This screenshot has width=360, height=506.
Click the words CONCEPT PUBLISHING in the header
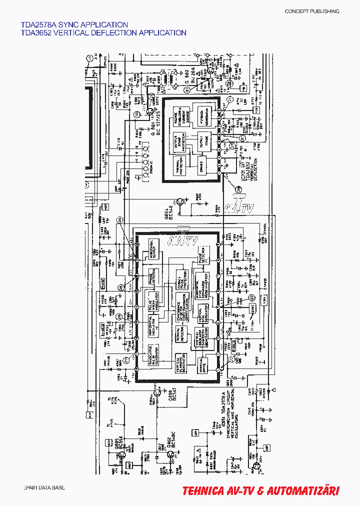[x=311, y=11]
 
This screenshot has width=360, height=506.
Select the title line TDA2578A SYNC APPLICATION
[x=74, y=24]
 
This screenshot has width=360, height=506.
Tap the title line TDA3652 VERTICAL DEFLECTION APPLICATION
[x=103, y=33]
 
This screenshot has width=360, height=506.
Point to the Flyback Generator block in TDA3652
[x=202, y=116]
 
